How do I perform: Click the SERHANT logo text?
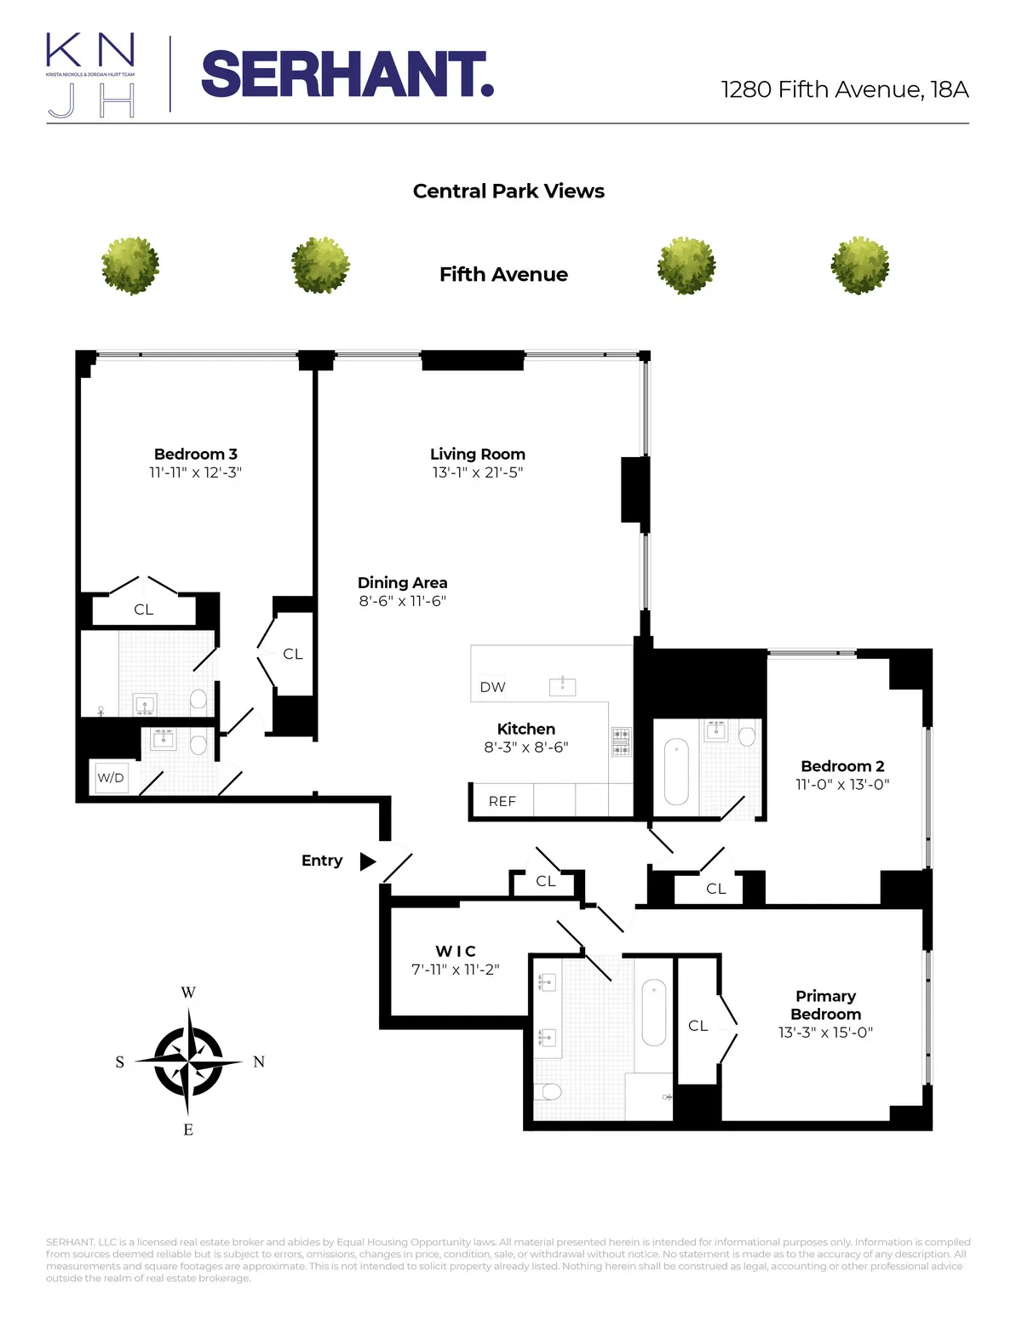[347, 75]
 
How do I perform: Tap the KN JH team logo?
[90, 75]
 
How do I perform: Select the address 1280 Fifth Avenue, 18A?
[844, 89]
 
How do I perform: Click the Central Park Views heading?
[508, 191]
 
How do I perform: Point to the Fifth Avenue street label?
[503, 274]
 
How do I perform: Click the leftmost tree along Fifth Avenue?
[130, 266]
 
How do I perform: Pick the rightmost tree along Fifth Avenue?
[859, 266]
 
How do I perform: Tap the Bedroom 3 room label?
[196, 454]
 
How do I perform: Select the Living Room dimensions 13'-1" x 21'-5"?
[478, 472]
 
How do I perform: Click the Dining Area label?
[402, 583]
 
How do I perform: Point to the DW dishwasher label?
[492, 687]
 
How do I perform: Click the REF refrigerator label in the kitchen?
[502, 801]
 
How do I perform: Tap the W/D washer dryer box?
[111, 778]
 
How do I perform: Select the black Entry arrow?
[367, 861]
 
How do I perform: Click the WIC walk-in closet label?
[456, 951]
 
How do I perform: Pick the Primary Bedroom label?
[825, 1004]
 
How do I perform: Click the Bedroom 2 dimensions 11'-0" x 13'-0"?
[842, 785]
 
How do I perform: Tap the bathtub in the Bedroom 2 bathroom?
[676, 771]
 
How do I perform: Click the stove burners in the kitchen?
[622, 741]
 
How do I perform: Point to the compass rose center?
[188, 1062]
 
